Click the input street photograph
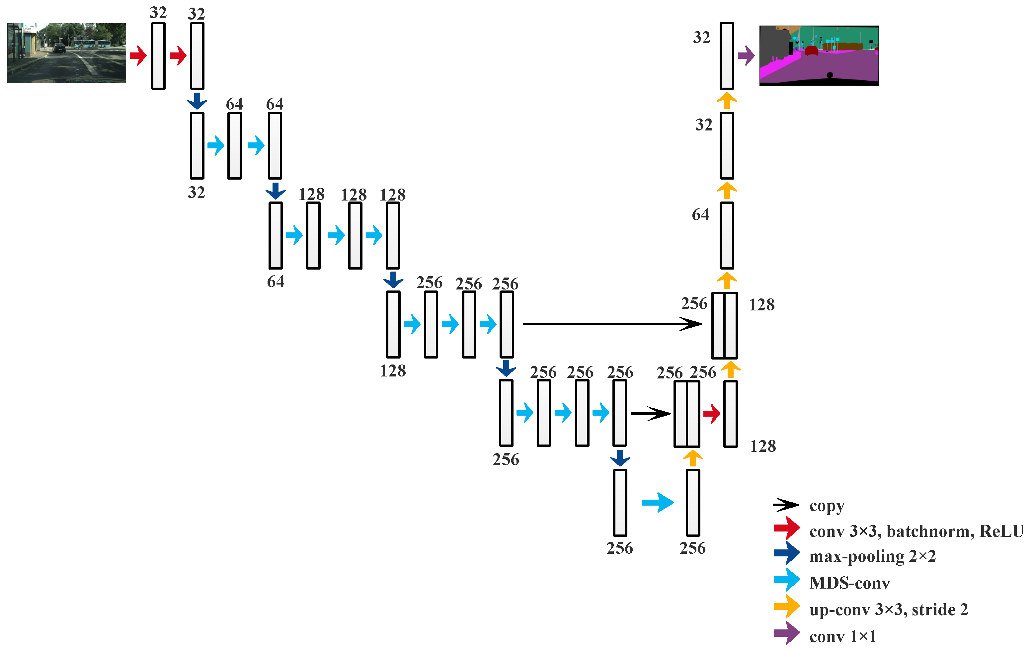point(66,52)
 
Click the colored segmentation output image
point(819,55)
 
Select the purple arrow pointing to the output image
point(746,55)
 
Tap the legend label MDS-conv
point(849,583)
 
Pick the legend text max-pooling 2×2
point(872,556)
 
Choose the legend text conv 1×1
point(842,636)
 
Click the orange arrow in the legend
point(786,606)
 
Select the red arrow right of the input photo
point(138,55)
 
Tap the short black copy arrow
point(650,414)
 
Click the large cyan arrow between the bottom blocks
point(657,502)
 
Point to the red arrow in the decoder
point(711,414)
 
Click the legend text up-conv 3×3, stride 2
point(888,609)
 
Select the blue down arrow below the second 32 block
point(197,101)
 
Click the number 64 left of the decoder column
point(700,214)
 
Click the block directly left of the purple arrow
point(727,56)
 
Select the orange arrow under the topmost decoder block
point(727,101)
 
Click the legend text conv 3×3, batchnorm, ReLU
point(916,531)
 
